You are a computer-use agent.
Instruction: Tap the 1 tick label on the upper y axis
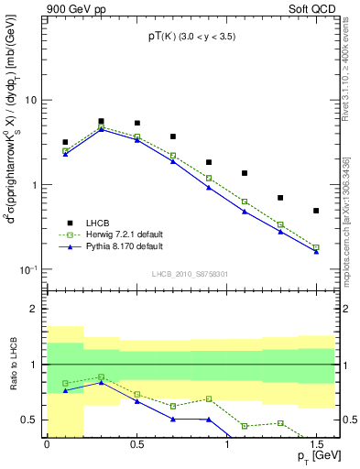(37, 185)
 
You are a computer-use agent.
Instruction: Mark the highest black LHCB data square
(101, 121)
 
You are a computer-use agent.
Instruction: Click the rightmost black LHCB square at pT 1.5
(316, 211)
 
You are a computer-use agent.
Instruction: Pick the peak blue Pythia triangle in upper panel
(101, 129)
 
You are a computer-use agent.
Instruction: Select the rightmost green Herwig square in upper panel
(316, 247)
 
